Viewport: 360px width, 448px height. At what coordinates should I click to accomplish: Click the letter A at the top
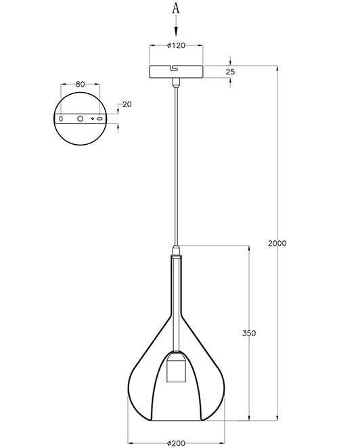click(176, 9)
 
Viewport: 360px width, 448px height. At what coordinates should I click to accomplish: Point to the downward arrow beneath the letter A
click(176, 26)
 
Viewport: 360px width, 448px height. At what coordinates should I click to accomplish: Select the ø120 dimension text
click(177, 45)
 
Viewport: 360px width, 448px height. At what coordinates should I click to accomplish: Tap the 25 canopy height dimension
click(230, 72)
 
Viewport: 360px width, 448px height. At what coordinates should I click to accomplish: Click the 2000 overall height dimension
click(277, 243)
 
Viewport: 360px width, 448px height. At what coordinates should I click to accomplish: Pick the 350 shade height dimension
click(249, 333)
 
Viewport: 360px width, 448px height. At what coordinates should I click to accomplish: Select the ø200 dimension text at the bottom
click(177, 443)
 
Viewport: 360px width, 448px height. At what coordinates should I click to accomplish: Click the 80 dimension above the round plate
click(81, 85)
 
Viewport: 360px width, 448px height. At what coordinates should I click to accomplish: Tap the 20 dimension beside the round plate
click(127, 104)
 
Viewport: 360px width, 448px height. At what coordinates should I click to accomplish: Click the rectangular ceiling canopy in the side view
click(177, 72)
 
